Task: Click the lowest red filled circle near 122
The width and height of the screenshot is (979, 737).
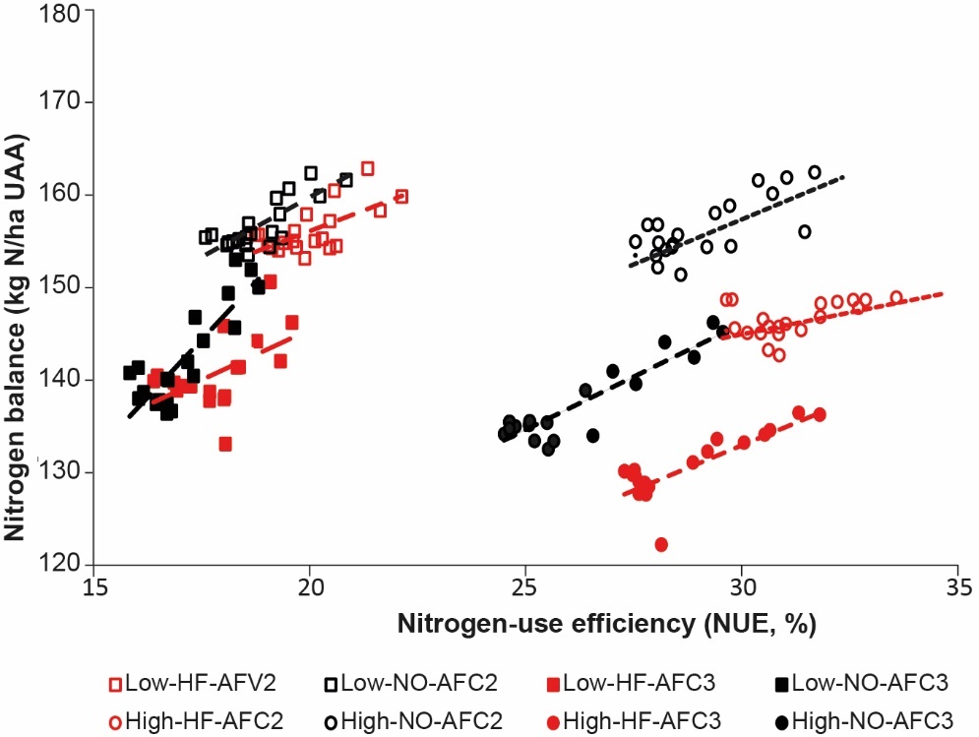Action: [x=661, y=544]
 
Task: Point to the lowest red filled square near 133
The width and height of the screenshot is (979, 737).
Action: [x=225, y=444]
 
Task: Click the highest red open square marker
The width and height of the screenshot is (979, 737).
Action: [x=367, y=168]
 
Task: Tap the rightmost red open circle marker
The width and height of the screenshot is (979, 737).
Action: [x=896, y=297]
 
